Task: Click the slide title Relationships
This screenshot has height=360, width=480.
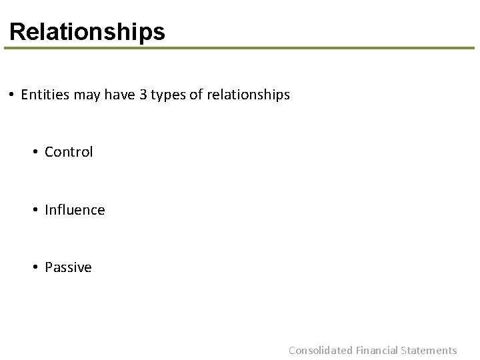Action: click(87, 31)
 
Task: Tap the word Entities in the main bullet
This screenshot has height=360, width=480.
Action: click(45, 95)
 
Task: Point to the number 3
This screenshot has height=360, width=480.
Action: click(143, 95)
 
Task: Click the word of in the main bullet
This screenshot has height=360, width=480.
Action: click(196, 95)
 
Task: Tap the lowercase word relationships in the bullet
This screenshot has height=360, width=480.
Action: click(248, 95)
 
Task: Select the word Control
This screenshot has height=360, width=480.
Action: click(69, 152)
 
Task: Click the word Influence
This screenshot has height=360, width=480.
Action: click(75, 210)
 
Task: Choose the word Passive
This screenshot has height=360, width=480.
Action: click(68, 267)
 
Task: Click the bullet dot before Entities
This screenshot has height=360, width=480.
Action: click(13, 95)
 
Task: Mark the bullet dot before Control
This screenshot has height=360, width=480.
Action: click(36, 153)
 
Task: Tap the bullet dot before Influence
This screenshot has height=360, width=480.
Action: click(36, 211)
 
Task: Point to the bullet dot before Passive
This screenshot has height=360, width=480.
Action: click(36, 268)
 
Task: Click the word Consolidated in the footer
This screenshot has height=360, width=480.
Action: click(320, 350)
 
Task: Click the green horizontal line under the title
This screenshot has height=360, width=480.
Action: click(240, 48)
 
